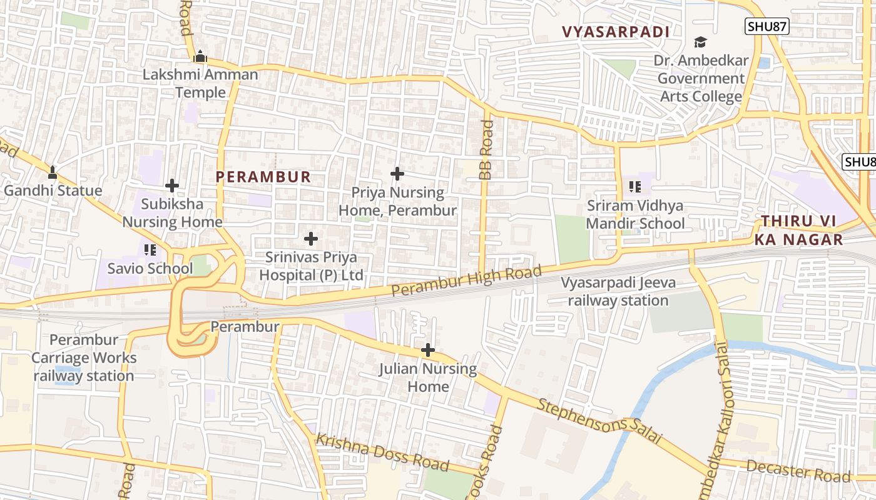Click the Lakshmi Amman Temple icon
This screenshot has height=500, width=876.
(200, 56)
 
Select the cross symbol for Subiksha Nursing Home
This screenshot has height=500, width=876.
(172, 186)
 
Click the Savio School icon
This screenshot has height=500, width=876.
(150, 251)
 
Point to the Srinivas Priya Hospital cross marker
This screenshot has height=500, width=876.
(311, 239)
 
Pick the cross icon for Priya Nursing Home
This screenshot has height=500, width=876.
(397, 174)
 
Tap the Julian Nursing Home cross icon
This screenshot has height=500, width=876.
(428, 350)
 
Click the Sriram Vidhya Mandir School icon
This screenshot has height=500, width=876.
(635, 187)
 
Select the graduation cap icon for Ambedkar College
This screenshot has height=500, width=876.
(700, 42)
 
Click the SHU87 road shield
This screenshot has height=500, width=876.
(766, 26)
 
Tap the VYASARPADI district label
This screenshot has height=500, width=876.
(616, 32)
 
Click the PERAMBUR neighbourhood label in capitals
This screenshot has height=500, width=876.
(263, 177)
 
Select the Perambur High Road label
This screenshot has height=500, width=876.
(466, 281)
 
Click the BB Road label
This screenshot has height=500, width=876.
(486, 150)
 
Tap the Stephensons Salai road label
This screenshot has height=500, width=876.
(599, 422)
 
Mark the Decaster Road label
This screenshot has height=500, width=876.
(798, 471)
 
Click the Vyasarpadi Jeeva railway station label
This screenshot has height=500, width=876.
(618, 291)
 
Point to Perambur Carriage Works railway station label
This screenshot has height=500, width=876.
(83, 358)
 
